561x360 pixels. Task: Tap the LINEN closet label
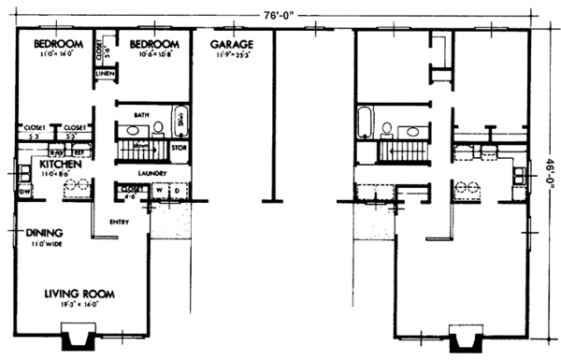105,73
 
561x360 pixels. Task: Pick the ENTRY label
120,222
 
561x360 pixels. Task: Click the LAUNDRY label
152,173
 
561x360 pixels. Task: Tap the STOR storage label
180,147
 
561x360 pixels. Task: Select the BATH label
142,114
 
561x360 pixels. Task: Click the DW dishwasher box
24,193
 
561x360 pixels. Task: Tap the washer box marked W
159,192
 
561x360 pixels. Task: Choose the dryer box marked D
176,192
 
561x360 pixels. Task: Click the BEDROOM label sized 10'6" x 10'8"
153,45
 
